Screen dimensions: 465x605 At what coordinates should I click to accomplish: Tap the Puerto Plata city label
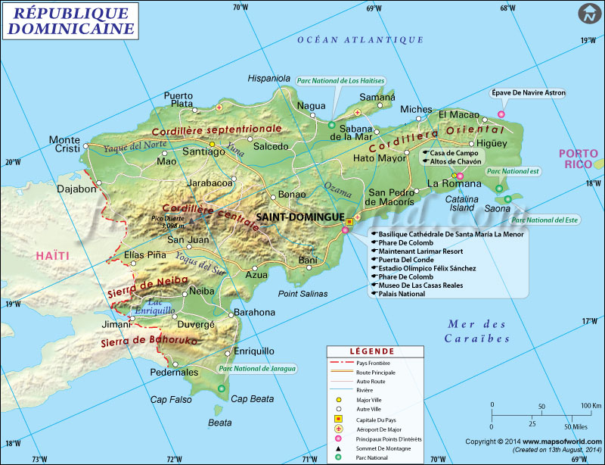(178, 100)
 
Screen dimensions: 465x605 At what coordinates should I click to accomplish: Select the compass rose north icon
(588, 14)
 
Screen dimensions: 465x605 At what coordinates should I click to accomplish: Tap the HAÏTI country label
(52, 256)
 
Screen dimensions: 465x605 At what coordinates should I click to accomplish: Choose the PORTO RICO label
(578, 159)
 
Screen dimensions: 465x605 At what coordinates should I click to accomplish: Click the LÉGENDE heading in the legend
(371, 351)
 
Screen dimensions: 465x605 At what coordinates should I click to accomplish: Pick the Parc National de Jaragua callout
(257, 368)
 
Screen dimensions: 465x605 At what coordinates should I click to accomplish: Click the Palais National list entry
(401, 294)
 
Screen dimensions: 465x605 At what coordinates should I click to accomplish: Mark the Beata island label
(220, 423)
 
